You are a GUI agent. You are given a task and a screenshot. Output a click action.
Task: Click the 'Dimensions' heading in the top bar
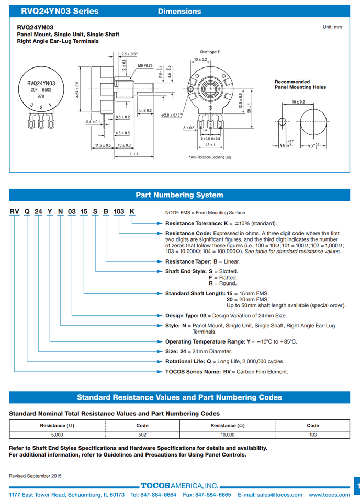(179, 11)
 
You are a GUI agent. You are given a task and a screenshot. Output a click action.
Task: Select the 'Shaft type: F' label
(210, 52)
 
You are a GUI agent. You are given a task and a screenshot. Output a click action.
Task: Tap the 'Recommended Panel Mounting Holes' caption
(300, 84)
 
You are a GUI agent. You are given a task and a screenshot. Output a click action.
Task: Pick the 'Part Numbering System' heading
(179, 195)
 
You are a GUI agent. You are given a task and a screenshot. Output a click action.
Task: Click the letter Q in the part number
(26, 211)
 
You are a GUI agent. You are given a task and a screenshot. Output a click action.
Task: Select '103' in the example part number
(119, 211)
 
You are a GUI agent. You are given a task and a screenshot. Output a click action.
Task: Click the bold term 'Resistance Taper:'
(188, 261)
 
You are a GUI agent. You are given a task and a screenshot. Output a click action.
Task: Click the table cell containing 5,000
(57, 435)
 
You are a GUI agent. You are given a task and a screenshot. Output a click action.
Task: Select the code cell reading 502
(142, 435)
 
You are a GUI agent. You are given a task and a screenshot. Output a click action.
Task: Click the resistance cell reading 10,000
(227, 435)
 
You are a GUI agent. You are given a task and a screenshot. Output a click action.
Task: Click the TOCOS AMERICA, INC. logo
(179, 486)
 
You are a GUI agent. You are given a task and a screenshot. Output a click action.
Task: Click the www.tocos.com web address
(329, 495)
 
